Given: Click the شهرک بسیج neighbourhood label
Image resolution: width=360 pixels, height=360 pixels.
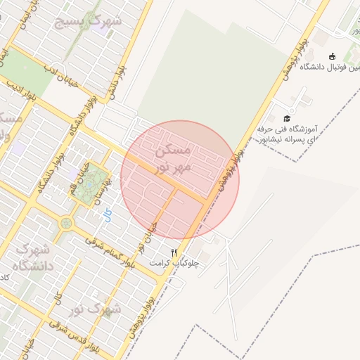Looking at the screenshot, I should click(89, 21).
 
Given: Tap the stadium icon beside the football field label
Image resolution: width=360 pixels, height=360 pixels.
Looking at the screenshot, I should click(333, 56).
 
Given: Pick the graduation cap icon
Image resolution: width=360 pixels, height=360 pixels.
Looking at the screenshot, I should click(287, 117).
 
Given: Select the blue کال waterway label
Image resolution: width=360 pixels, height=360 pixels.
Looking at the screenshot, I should click(108, 217).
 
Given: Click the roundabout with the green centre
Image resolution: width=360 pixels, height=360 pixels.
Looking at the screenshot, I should click(67, 224).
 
